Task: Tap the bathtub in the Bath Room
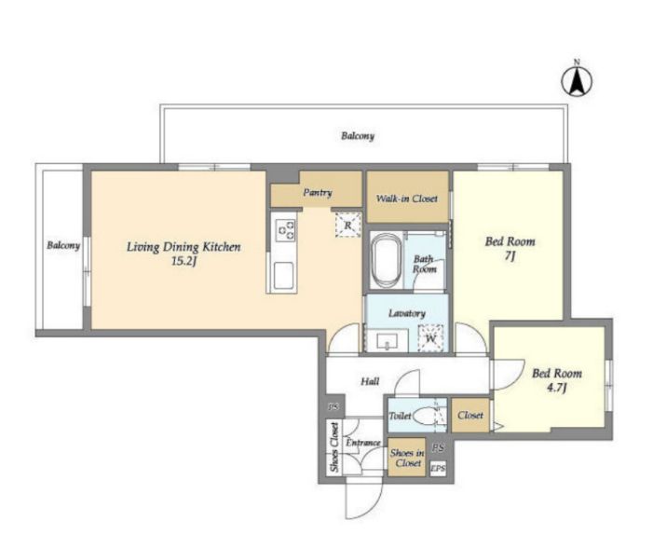click(x=386, y=260)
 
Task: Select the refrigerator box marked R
click(x=348, y=225)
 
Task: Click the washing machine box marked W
click(x=430, y=338)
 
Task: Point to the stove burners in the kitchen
click(x=286, y=229)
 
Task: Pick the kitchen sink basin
click(x=283, y=275)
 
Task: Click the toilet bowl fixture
click(x=424, y=416)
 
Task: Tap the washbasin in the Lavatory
click(x=387, y=341)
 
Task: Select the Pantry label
click(x=318, y=193)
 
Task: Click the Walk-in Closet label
click(x=407, y=199)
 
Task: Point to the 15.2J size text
click(x=184, y=262)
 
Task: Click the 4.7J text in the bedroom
click(x=557, y=388)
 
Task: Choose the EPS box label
click(x=438, y=469)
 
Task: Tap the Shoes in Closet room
click(x=407, y=458)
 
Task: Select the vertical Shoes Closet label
click(x=334, y=447)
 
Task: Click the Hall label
click(x=370, y=381)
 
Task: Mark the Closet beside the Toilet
click(x=470, y=415)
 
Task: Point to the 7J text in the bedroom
click(x=510, y=256)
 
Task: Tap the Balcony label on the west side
click(x=63, y=245)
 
